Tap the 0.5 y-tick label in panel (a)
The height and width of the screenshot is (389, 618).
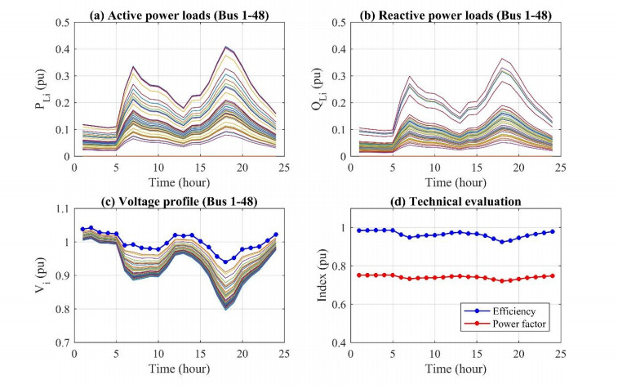[64, 20]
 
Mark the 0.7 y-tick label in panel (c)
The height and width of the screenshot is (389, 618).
[64, 343]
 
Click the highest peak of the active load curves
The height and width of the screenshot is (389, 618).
[225, 47]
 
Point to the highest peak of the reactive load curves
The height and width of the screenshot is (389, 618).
[500, 59]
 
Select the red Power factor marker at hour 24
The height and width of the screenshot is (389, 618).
[553, 275]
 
